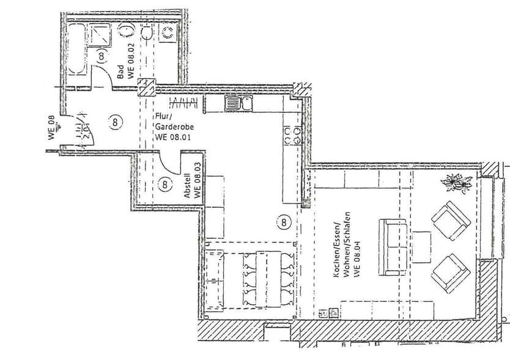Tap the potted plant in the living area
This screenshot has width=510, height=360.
455,182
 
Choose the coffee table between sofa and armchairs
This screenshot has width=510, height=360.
421,247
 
